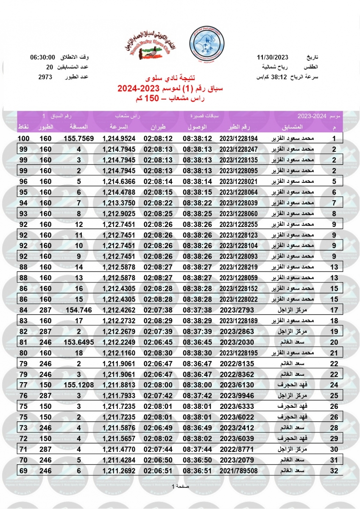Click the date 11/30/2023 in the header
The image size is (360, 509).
click(272, 57)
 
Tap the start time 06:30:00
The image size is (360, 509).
click(43, 57)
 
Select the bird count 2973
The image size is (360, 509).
click(45, 77)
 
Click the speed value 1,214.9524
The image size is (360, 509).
click(119, 139)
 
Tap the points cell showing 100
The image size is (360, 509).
click(23, 139)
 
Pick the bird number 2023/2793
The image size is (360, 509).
click(239, 310)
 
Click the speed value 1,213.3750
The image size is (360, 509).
click(119, 203)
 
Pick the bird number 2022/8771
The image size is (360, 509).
click(239, 449)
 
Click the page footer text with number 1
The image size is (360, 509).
click(180, 486)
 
